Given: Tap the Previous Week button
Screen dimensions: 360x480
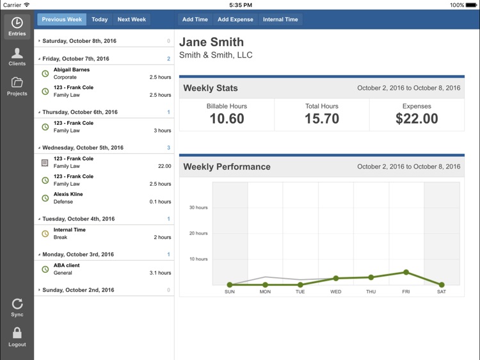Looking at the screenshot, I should coord(62,19).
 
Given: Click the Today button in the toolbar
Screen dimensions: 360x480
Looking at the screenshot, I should coord(99,19).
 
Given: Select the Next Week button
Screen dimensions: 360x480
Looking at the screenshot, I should coord(131,19).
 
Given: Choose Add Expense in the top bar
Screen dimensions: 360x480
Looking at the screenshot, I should coord(235,19).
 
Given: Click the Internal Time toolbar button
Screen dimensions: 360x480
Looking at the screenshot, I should coord(280,19).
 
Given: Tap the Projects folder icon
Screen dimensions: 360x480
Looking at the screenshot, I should coord(17,83).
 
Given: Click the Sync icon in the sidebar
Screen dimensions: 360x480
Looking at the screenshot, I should coord(17,304).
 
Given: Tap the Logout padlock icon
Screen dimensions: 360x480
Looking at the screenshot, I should coord(17,333).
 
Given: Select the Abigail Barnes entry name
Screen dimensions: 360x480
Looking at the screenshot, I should coord(72,70).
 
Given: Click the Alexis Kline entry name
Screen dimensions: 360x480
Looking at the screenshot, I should coord(68,194).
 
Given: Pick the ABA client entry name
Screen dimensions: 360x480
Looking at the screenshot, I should coord(67,265).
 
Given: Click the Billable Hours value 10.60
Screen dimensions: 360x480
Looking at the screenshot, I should coord(227,119).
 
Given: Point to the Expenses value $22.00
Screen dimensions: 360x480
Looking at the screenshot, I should coord(417,119).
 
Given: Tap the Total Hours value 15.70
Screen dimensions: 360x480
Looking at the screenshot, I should coord(321,119).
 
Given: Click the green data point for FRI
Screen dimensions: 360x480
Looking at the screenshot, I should coord(406,272).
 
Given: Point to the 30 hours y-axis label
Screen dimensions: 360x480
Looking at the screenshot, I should coord(198,208).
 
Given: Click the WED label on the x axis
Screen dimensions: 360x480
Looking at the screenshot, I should coord(335,291).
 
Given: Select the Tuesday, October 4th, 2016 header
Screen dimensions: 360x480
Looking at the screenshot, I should coord(78,219).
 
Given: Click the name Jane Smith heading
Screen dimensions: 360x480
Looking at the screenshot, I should coord(211,42).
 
